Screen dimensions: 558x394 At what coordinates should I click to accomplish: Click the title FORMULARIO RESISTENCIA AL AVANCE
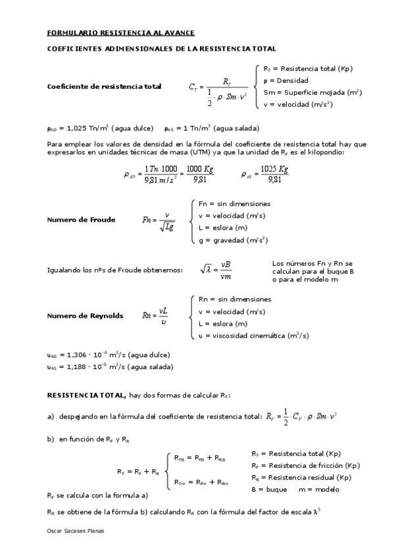pyautogui.click(x=121, y=32)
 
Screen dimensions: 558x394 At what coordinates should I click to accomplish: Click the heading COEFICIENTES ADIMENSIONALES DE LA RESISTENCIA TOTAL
pyautogui.click(x=161, y=49)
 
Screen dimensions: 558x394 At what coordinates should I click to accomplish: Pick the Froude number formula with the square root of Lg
pyautogui.click(x=159, y=220)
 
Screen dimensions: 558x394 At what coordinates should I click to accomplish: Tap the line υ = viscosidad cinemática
pyautogui.click(x=254, y=336)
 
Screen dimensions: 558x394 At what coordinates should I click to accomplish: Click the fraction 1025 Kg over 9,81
pyautogui.click(x=274, y=174)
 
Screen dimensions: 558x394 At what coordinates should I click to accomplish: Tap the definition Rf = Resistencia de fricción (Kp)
pyautogui.click(x=305, y=465)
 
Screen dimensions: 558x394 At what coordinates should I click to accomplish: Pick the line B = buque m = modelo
pyautogui.click(x=295, y=489)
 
